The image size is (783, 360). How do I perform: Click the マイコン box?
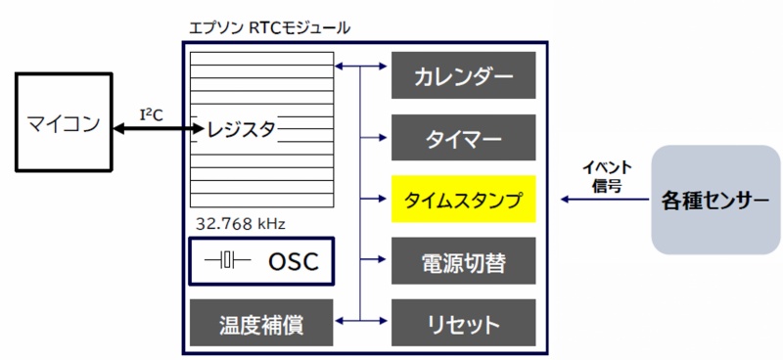coord(64,123)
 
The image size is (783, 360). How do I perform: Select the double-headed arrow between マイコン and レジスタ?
coord(159,129)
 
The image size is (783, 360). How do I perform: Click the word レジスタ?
coord(242,129)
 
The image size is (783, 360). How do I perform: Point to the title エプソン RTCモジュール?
coord(270,27)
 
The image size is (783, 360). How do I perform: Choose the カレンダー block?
coord(463,75)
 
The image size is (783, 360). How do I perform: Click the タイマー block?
coord(463,137)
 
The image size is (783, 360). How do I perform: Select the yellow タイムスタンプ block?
coord(463,199)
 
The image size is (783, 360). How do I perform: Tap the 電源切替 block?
coord(463,260)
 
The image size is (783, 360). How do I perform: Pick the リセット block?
coord(463,323)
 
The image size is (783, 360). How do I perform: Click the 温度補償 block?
coord(261,323)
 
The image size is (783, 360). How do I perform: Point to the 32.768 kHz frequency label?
coord(240,223)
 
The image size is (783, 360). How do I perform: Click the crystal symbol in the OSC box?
coord(227,260)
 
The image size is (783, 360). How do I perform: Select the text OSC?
coord(293,261)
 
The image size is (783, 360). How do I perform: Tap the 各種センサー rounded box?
coord(715,200)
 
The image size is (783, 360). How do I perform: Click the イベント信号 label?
coord(607,177)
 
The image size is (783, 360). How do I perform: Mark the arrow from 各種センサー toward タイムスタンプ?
coord(604,200)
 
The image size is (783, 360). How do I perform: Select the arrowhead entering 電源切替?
coord(383,259)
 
